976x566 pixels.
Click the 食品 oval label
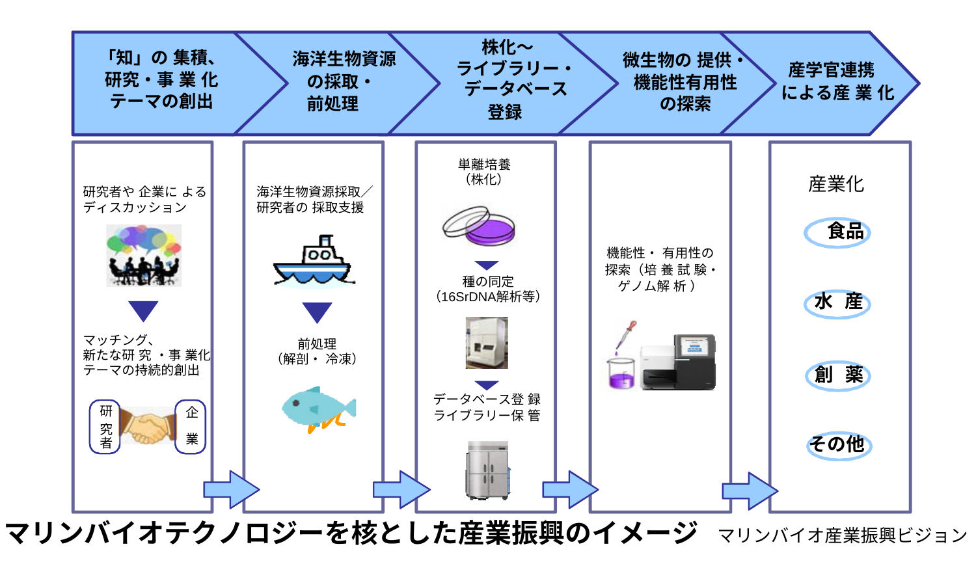[837, 232]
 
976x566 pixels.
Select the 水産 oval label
[837, 303]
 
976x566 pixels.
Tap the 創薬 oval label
[838, 375]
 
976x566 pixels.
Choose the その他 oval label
[838, 445]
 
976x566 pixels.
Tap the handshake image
[148, 427]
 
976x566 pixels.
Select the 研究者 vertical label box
[105, 427]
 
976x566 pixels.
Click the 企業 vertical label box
[191, 427]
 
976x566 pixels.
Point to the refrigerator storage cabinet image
[488, 470]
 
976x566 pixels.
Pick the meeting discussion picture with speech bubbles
[144, 256]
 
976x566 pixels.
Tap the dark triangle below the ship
[318, 312]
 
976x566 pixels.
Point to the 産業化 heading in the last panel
[836, 184]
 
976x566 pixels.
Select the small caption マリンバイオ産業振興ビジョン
[842, 535]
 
